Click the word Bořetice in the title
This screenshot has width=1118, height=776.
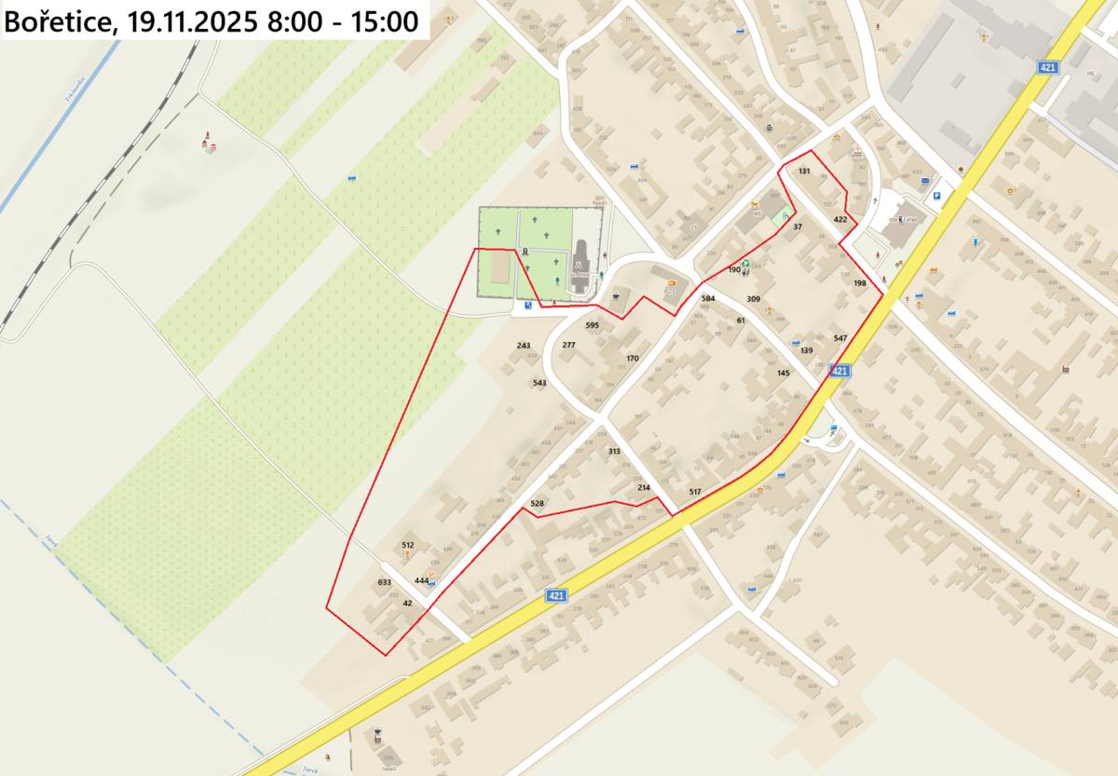click(59, 21)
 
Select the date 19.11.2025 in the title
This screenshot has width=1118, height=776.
click(189, 21)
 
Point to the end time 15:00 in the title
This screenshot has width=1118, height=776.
click(385, 21)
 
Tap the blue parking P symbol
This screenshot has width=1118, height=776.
click(936, 197)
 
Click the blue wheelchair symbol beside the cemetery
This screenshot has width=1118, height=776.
click(528, 305)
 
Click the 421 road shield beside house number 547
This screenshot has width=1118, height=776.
click(839, 370)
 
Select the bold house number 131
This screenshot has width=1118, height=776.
click(804, 172)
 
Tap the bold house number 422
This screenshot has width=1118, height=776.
click(840, 220)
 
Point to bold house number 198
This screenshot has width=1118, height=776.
click(859, 282)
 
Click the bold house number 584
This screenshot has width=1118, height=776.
click(708, 298)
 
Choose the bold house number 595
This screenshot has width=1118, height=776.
click(593, 325)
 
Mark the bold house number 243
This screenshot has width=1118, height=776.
click(524, 346)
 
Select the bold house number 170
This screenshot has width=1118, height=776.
click(633, 359)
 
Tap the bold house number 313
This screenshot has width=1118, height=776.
click(614, 451)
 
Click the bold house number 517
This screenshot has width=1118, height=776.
click(695, 491)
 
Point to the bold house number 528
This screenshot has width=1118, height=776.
click(537, 503)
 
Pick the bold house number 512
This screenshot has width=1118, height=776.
click(408, 544)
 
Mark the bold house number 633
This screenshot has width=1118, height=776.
click(385, 581)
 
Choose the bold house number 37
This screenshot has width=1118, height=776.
click(798, 226)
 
